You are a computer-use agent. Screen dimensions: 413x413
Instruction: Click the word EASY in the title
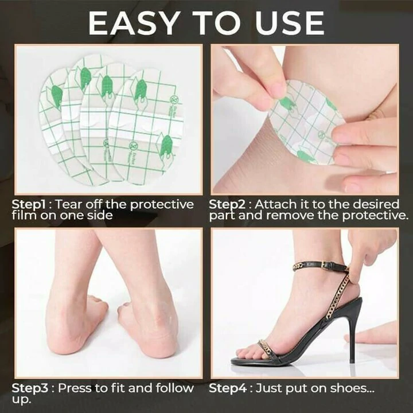coord(133,23)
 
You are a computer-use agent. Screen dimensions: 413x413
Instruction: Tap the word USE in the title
coord(289,23)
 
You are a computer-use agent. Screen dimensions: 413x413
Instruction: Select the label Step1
coord(29,205)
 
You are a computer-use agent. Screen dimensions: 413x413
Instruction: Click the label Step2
coord(227,205)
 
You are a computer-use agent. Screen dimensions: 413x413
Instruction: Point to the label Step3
coord(30,388)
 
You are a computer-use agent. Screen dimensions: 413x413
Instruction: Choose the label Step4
coord(228,388)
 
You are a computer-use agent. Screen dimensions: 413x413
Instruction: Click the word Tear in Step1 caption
coord(69,204)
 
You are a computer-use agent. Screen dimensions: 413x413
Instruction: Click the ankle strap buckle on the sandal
coord(326,264)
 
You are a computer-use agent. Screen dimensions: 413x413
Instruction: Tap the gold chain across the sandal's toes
coord(266,348)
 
